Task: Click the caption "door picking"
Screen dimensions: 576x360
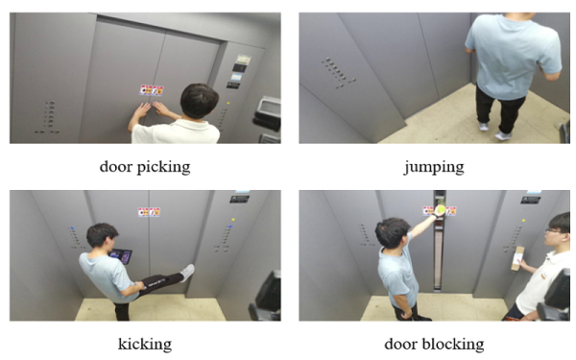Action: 145,167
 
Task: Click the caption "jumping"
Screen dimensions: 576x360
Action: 434,167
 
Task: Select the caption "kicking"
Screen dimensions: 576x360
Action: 145,345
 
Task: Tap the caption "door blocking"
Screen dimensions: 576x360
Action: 434,345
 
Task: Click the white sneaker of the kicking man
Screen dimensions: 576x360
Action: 187,273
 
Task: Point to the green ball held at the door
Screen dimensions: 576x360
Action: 441,209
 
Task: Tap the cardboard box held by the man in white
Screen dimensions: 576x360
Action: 517,258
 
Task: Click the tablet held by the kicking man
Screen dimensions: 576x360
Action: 122,255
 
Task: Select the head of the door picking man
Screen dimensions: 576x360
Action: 199,101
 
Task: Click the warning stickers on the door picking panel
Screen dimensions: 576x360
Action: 152,90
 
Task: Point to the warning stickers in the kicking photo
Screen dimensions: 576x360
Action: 149,212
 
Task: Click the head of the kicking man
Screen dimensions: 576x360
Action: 101,234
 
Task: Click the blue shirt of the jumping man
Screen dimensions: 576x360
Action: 514,55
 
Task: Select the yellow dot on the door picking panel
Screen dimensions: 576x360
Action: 228,104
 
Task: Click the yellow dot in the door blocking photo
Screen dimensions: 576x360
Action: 523,221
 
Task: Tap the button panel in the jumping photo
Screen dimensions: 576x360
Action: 337,72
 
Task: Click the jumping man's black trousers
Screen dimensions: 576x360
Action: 499,108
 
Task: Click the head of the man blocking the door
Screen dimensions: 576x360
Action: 392,232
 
